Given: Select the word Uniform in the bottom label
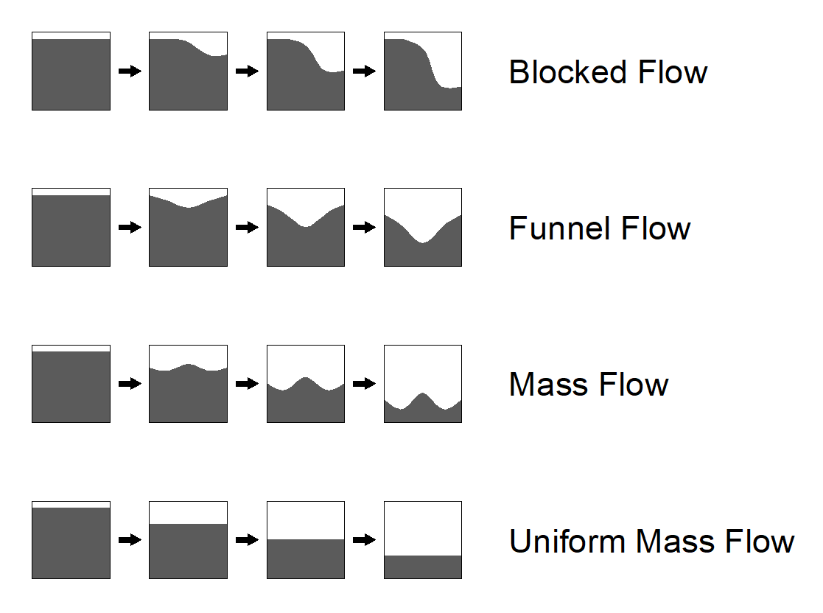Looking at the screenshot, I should (x=568, y=541).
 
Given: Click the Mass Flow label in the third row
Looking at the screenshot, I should (x=589, y=385).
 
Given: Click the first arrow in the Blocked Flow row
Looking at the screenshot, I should (x=130, y=71).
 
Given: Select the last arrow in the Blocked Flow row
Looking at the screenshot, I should (x=364, y=71).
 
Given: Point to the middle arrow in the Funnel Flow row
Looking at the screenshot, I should (x=247, y=228).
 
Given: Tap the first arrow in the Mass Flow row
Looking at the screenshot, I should (x=130, y=384).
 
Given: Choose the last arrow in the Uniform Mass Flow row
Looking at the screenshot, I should (x=364, y=540).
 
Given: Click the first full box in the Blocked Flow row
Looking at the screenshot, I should (x=71, y=71).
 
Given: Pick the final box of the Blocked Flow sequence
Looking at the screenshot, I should (x=423, y=71).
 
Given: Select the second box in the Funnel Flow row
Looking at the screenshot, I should (x=188, y=228).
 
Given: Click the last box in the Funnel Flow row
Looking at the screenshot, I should (x=423, y=228).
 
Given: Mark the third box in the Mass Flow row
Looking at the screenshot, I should (x=306, y=384).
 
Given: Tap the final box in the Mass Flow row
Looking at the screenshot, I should (x=423, y=384).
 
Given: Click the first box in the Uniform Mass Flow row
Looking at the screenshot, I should (x=71, y=540).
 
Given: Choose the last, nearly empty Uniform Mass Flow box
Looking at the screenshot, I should (x=423, y=540).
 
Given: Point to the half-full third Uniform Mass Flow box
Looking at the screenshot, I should (x=306, y=540).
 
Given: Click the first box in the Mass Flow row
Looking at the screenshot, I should (x=71, y=384).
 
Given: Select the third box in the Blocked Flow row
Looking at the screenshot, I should (x=306, y=71).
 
